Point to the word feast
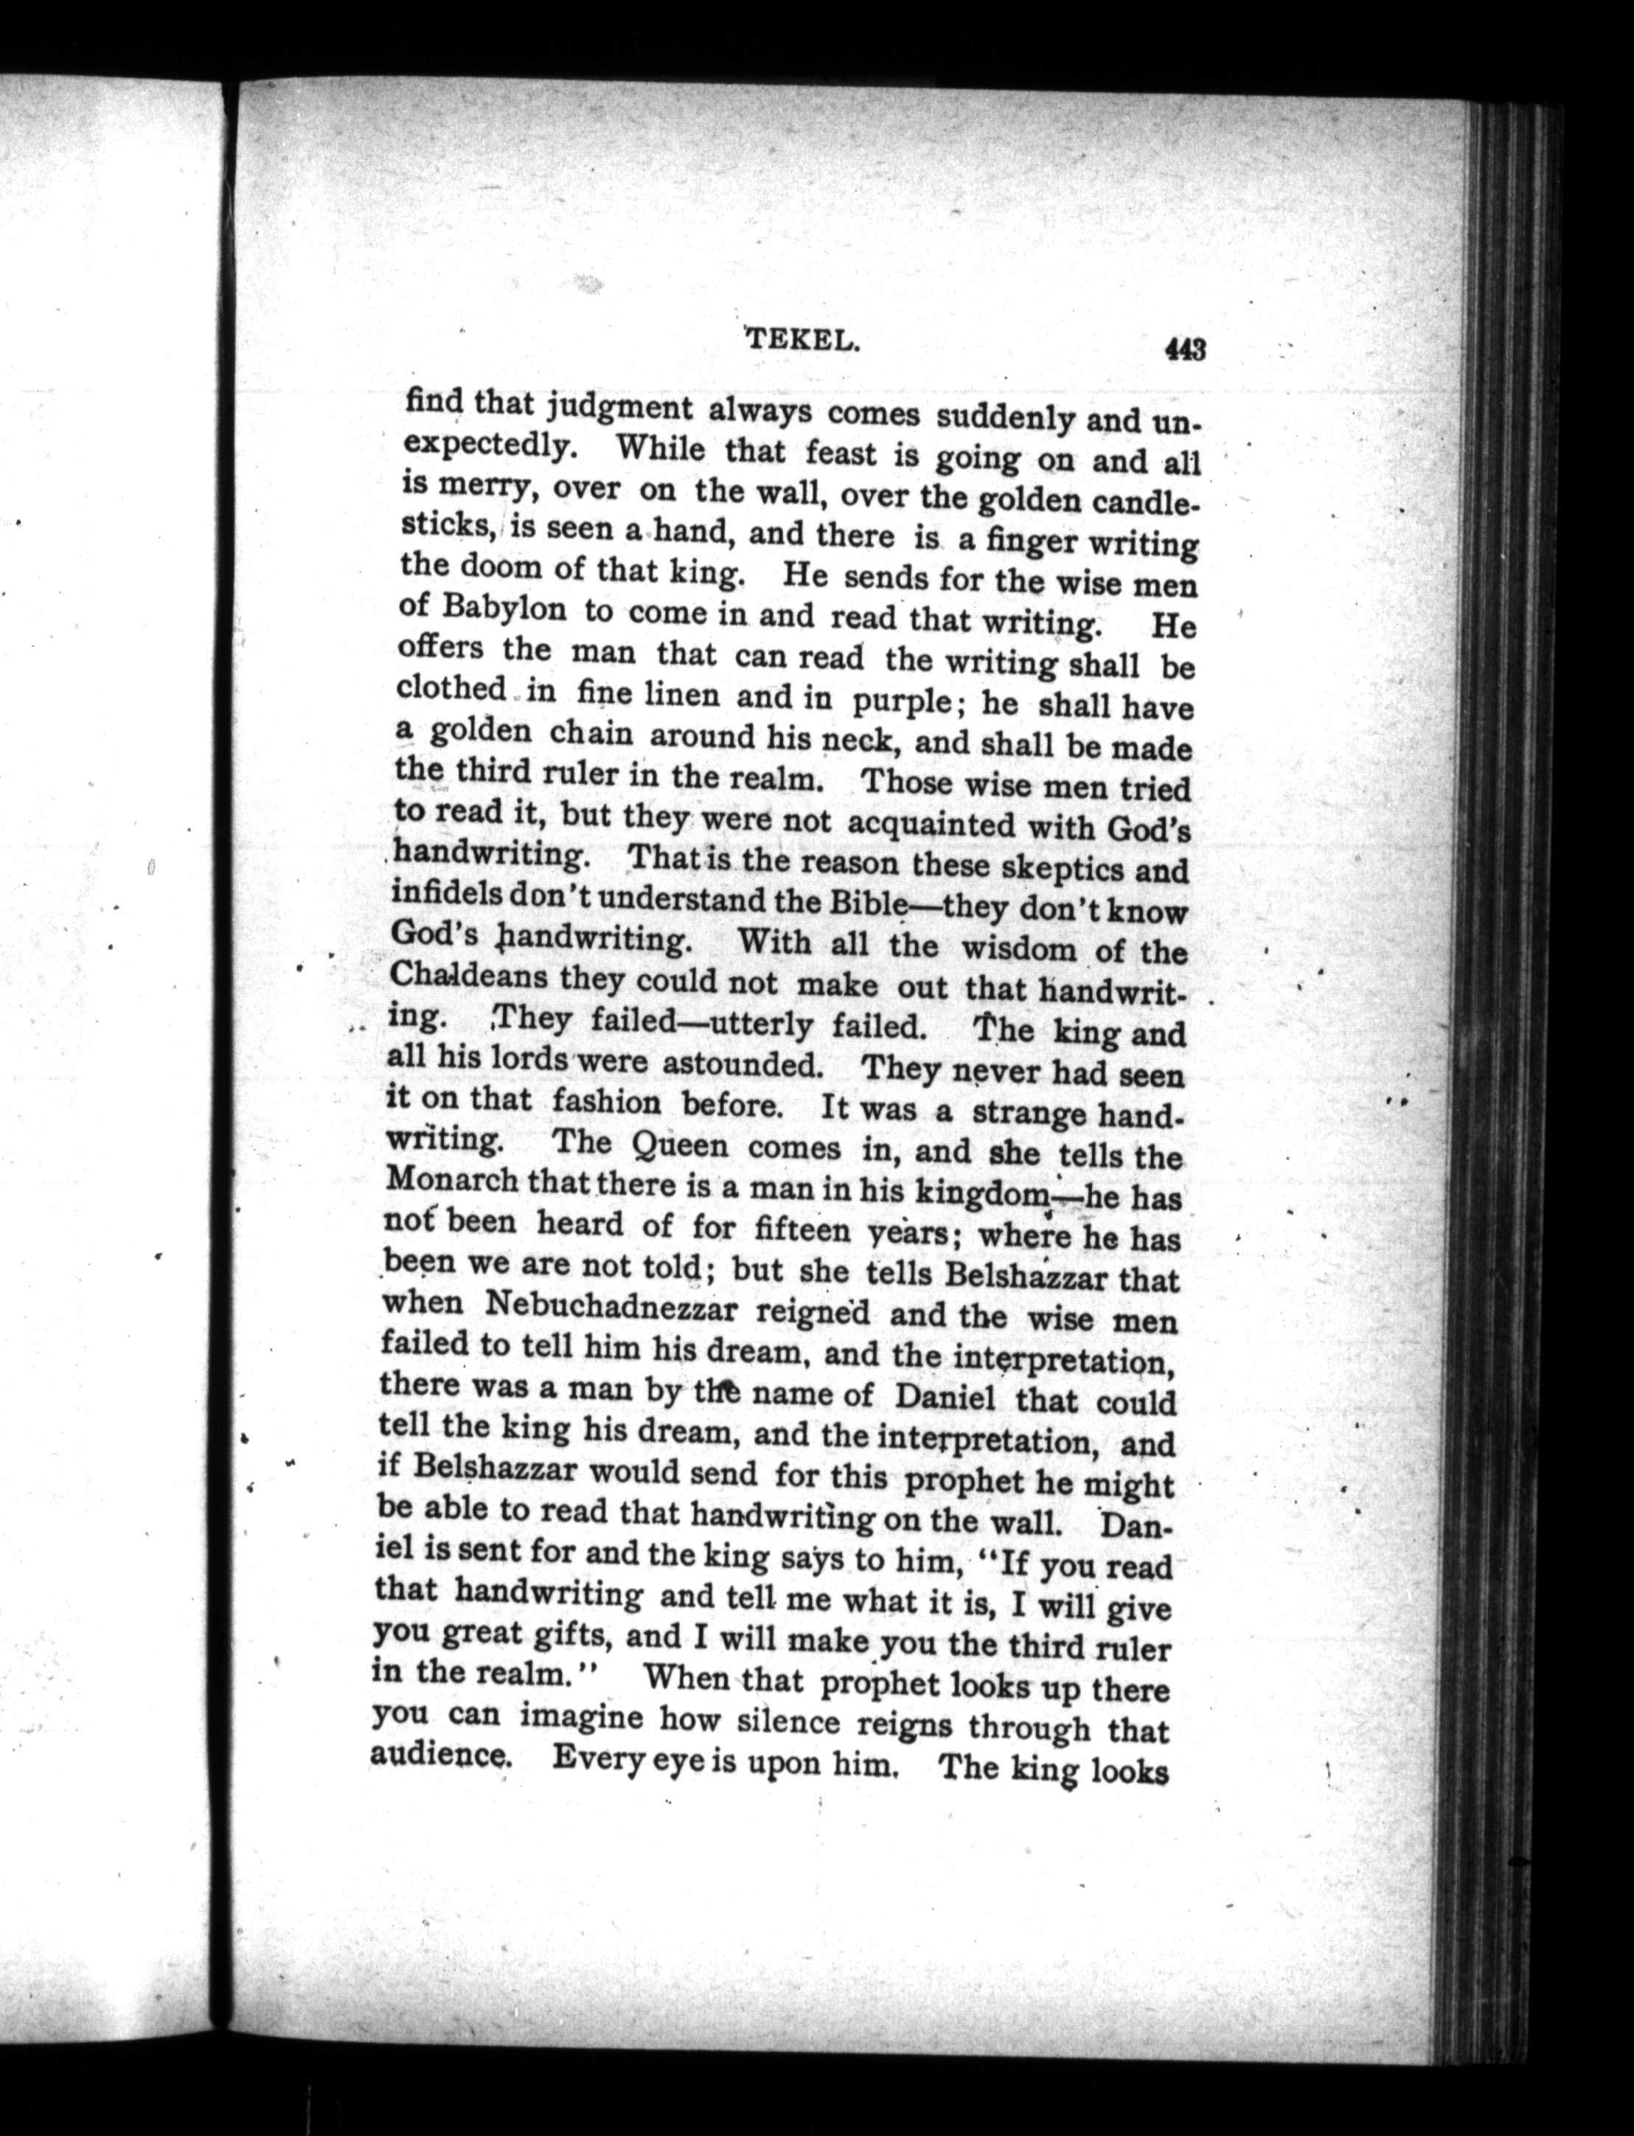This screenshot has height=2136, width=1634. (853, 454)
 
